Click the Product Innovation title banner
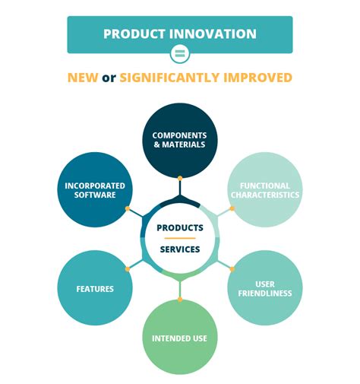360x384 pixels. [180, 34]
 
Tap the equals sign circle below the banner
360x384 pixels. [180, 53]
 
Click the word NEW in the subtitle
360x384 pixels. [83, 78]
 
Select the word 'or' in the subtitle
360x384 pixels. [109, 78]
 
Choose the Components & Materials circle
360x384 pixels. [180, 140]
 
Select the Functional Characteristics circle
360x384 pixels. [264, 190]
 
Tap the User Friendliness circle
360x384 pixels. [264, 288]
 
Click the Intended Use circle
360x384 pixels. [180, 337]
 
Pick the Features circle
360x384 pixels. [95, 288]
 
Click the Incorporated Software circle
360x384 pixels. [95, 190]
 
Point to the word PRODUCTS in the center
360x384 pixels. [180, 227]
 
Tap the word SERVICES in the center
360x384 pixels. [180, 249]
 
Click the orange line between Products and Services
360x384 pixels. [180, 238]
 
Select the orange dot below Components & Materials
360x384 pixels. [180, 179]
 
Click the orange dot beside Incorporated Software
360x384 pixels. [128, 208]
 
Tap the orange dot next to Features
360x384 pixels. [128, 268]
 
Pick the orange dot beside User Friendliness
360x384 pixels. [232, 268]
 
